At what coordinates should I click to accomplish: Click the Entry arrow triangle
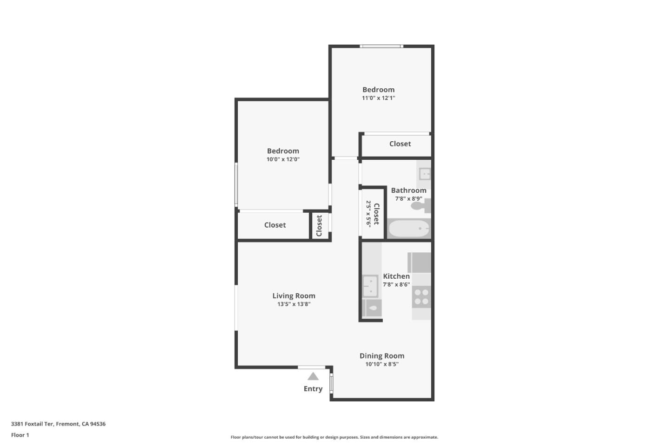[313, 376]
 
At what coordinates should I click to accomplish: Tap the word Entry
[313, 389]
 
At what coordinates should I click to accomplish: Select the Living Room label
[294, 296]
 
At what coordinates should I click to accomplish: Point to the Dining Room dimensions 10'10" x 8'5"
[382, 364]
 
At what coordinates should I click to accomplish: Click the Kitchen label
[396, 276]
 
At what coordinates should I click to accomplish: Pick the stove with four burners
[421, 297]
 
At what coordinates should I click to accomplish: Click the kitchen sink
[370, 286]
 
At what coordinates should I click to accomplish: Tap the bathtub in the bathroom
[409, 229]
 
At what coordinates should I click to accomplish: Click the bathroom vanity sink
[425, 174]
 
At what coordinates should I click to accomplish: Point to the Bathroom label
[409, 190]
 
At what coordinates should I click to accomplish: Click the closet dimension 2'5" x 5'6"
[368, 214]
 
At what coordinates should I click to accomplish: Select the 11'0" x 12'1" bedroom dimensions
[379, 98]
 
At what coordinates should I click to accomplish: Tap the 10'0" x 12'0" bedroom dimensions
[283, 159]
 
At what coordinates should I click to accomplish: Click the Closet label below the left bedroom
[275, 225]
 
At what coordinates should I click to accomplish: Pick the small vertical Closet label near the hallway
[319, 226]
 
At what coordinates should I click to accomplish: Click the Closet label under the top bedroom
[400, 144]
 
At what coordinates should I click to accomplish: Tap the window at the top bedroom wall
[381, 46]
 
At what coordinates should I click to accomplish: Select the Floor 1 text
[20, 435]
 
